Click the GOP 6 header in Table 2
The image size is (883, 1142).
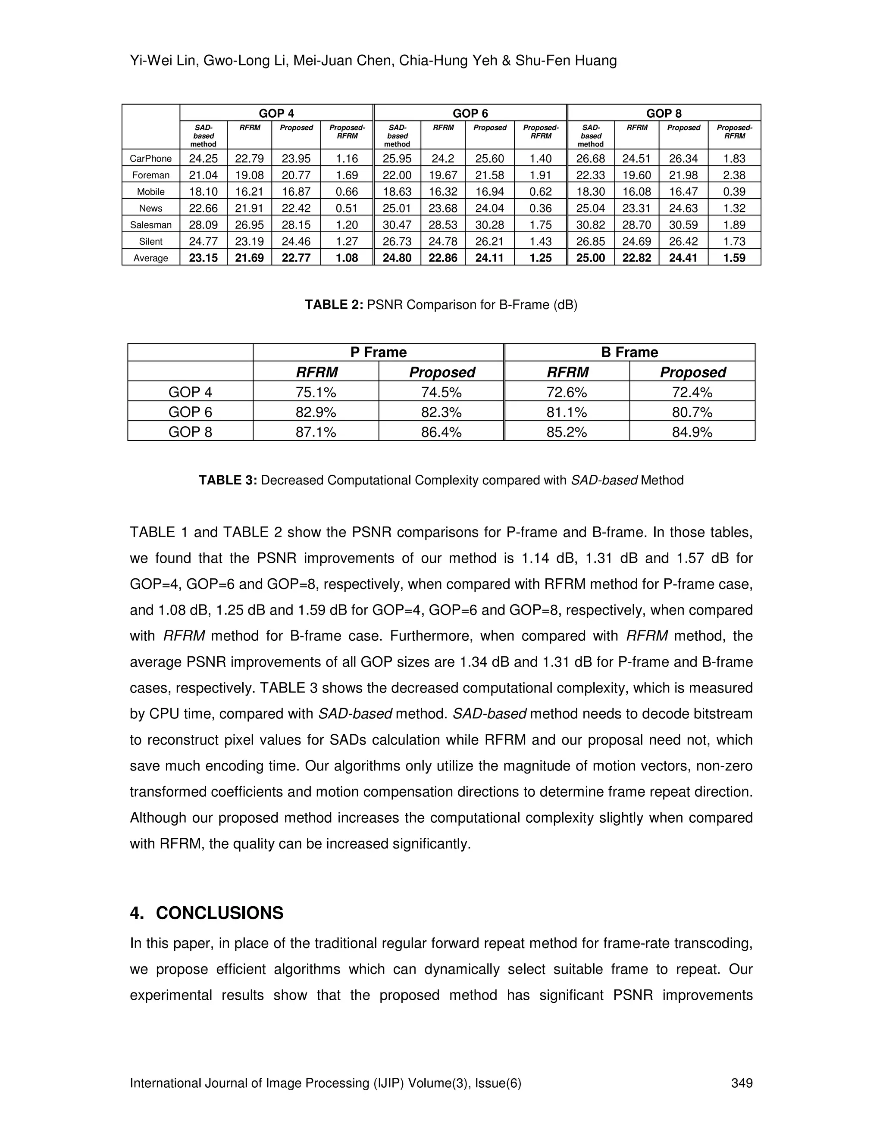(470, 113)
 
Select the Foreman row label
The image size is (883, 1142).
(150, 175)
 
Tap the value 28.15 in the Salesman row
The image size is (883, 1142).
(296, 225)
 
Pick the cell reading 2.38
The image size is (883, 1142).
(734, 175)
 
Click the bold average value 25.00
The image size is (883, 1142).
(591, 258)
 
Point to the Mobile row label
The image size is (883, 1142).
(150, 192)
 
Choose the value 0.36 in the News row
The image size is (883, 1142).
(540, 208)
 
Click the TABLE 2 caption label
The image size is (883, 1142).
(334, 305)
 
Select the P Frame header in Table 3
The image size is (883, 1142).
(378, 353)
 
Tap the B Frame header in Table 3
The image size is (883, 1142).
(629, 353)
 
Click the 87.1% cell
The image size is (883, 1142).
(316, 432)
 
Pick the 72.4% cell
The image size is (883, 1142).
(692, 392)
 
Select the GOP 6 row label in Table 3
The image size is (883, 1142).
(191, 412)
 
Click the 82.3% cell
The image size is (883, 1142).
(441, 412)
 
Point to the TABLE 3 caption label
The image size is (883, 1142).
(228, 480)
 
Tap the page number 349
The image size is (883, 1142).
(742, 1083)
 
